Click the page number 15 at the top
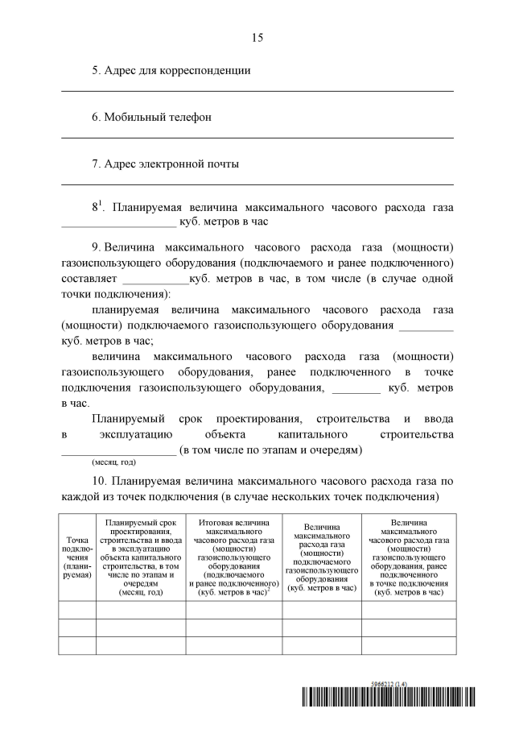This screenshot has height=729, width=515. click(x=257, y=37)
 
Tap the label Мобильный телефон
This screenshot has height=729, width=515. click(x=152, y=117)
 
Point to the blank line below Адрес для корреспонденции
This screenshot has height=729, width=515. click(x=257, y=90)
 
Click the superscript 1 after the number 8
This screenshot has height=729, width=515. click(x=102, y=203)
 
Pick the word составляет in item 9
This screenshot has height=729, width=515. click(x=89, y=280)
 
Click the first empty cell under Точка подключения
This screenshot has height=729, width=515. click(x=77, y=609)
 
